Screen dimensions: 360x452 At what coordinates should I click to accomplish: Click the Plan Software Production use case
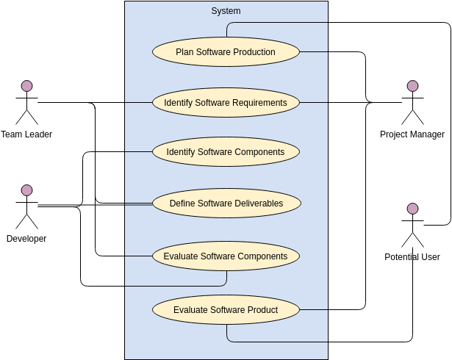[x=226, y=52]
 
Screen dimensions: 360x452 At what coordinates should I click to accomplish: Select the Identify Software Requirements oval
[x=226, y=103]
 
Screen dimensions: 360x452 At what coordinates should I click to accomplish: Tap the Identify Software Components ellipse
[x=226, y=152]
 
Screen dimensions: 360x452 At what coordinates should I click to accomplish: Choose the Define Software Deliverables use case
[x=226, y=204]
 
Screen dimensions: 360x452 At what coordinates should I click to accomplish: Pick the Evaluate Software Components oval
[x=226, y=256]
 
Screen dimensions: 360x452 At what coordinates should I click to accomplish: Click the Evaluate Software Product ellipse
[x=226, y=310]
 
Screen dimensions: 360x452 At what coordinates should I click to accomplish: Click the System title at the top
[x=226, y=11]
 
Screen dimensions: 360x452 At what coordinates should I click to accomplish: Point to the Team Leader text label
[x=26, y=134]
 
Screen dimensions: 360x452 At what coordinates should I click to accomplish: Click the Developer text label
[x=26, y=239]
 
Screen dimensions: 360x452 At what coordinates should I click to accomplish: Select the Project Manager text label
[x=412, y=134]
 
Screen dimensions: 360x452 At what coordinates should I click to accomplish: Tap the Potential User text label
[x=412, y=257]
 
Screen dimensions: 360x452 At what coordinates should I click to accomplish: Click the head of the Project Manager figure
[x=412, y=86]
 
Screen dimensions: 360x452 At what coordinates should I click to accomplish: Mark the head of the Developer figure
[x=26, y=190]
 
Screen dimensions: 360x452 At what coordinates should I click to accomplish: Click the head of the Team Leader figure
[x=26, y=86]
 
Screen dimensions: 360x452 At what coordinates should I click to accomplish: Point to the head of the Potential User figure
[x=412, y=209]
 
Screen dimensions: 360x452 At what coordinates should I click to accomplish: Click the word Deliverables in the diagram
[x=257, y=204]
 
